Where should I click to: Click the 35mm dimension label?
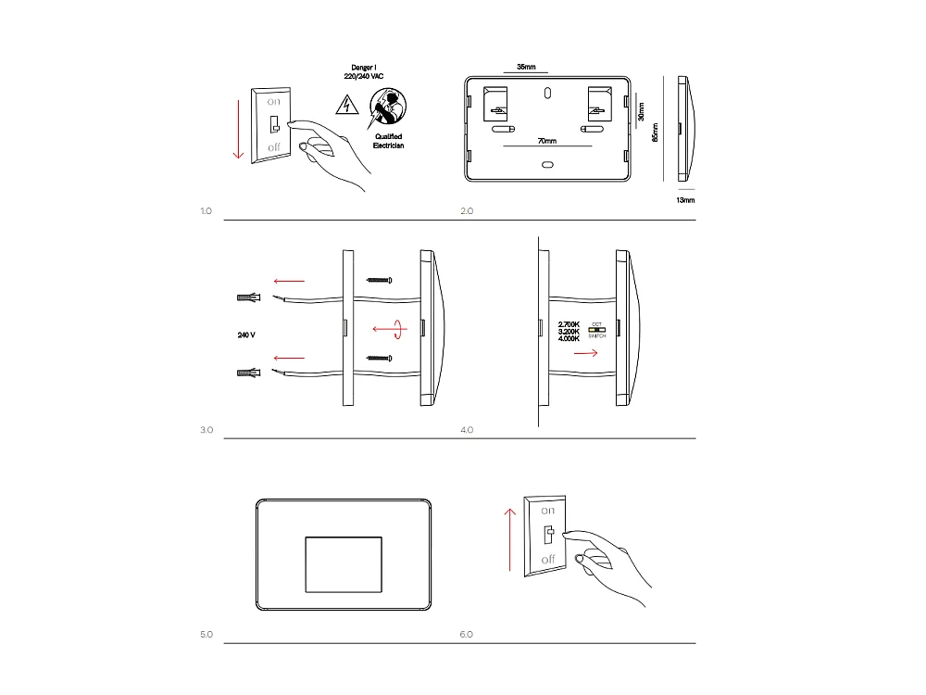tap(526, 68)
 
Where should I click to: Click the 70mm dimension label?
tap(546, 141)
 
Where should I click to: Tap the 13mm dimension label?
tap(685, 199)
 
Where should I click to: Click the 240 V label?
tap(246, 334)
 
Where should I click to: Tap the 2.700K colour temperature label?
tap(569, 323)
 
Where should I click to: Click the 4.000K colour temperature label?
tap(569, 339)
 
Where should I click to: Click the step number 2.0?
tap(467, 211)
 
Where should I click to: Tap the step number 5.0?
tap(206, 635)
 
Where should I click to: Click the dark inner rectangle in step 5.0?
tap(343, 562)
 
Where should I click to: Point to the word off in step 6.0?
tap(547, 559)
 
